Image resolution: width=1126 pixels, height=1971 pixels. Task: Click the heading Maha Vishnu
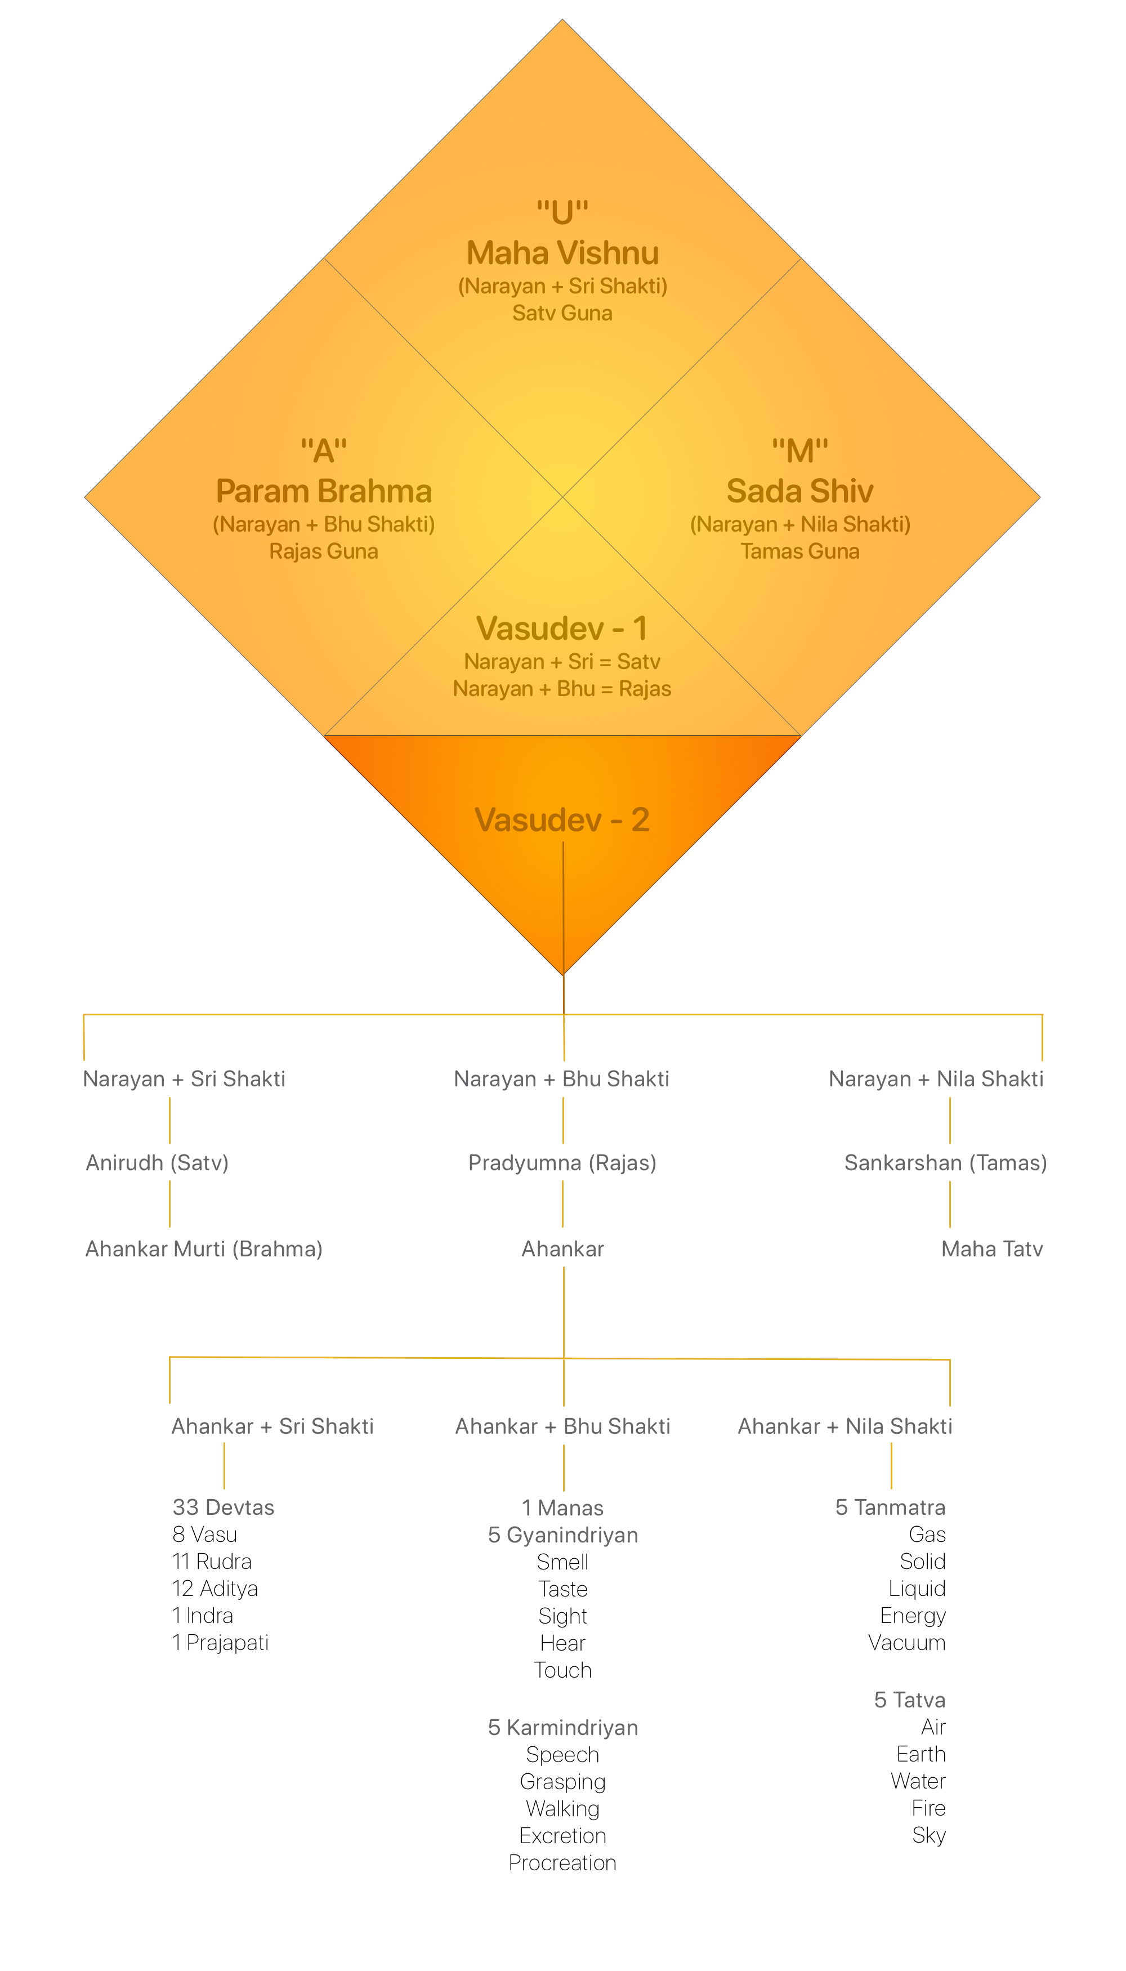562,253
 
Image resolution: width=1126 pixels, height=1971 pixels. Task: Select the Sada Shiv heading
799,491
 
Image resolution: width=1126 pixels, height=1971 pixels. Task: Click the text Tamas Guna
799,551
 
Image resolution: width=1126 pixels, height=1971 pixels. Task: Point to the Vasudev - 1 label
562,628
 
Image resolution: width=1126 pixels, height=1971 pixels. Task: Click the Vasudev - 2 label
562,820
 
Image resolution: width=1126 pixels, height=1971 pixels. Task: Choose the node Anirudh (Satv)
157,1163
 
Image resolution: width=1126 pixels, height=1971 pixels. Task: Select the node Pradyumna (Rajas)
562,1163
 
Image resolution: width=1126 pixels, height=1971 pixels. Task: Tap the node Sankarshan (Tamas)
945,1163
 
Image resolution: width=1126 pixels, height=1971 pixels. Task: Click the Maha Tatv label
991,1248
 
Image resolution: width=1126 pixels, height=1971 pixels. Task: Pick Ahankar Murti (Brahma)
203,1248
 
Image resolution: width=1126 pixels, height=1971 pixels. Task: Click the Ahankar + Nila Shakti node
844,1426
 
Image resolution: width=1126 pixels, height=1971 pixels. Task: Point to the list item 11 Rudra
212,1561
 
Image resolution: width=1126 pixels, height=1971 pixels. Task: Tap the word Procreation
562,1863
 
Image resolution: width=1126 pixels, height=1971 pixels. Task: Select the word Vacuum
906,1642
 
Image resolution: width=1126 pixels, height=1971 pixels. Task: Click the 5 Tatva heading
909,1700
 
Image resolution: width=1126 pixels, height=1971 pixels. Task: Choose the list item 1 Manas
562,1508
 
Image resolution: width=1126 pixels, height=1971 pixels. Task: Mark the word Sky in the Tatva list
929,1835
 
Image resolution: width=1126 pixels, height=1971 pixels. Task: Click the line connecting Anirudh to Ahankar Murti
169,1205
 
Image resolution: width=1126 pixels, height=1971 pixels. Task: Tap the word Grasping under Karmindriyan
562,1781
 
